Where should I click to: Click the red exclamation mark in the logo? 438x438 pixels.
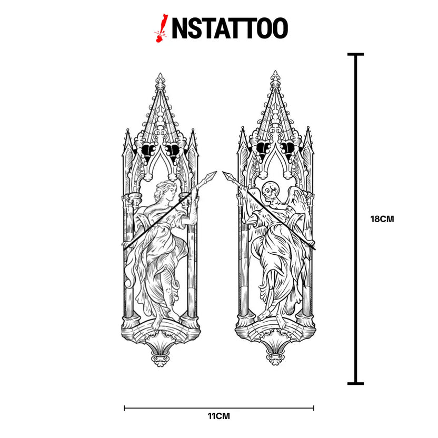pyautogui.click(x=161, y=28)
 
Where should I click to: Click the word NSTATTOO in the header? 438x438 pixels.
pyautogui.click(x=230, y=28)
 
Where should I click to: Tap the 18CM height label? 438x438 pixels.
pyautogui.click(x=382, y=219)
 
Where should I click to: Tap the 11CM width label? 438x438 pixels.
pyautogui.click(x=218, y=416)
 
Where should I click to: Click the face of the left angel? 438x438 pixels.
pyautogui.click(x=171, y=194)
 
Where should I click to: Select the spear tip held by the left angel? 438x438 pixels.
pyautogui.click(x=212, y=175)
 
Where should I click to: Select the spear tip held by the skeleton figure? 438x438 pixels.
pyautogui.click(x=227, y=176)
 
